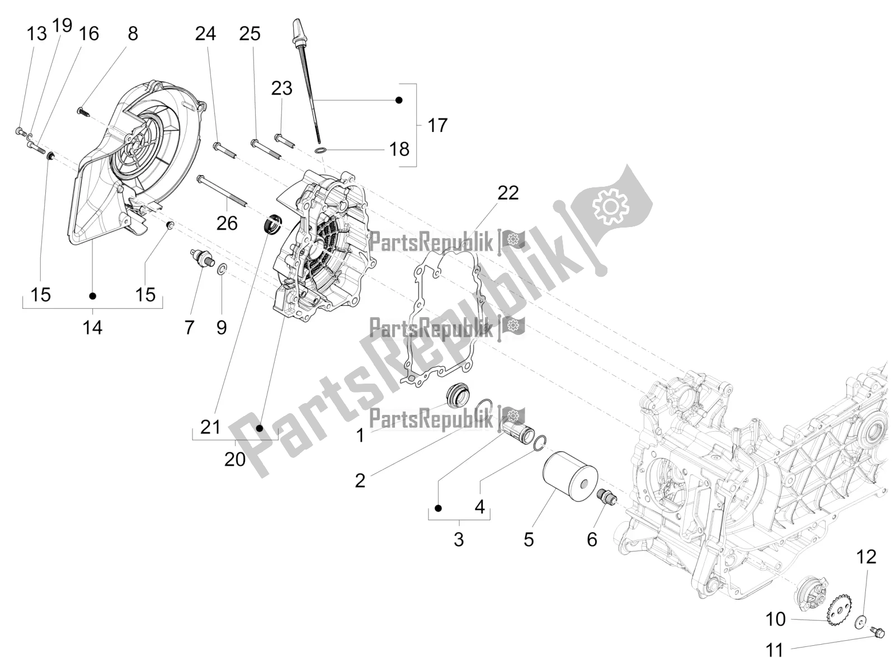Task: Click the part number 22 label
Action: (508, 193)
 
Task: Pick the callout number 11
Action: (775, 650)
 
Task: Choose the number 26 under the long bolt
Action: (227, 223)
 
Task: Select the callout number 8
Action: (133, 34)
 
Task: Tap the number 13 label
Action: (37, 34)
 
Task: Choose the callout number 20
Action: (235, 459)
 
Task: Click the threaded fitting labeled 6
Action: (607, 498)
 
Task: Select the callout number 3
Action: (459, 540)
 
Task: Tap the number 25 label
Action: (249, 34)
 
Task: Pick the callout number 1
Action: (360, 434)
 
